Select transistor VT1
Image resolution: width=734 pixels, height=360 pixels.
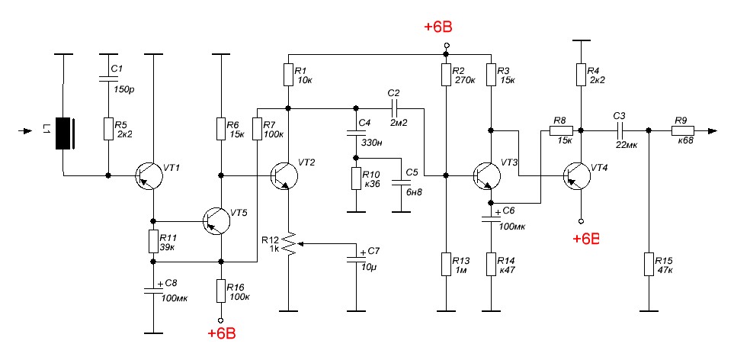tap(148, 176)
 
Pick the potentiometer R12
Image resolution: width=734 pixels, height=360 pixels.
tap(288, 243)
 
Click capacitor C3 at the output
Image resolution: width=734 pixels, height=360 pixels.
tap(619, 130)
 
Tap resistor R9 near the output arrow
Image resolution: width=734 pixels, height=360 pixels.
tap(681, 130)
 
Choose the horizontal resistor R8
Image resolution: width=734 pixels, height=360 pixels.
tap(560, 130)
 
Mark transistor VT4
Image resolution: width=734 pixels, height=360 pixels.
tap(578, 176)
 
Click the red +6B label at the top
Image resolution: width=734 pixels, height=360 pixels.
tap(438, 28)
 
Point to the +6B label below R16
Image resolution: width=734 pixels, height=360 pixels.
tap(221, 333)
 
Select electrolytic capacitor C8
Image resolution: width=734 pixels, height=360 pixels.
tap(153, 291)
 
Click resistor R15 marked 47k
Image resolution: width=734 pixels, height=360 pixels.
tap(648, 265)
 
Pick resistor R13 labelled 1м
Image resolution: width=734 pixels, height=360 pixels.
tap(446, 265)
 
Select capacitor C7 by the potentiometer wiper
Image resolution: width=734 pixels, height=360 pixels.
tap(353, 260)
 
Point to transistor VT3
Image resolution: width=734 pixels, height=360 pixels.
tap(486, 176)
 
